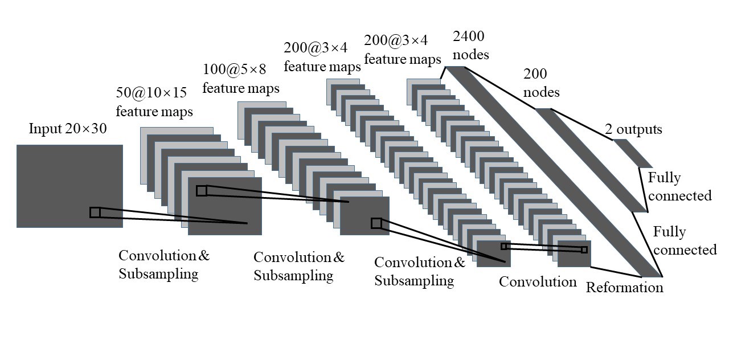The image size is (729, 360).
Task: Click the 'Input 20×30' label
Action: [x=67, y=129]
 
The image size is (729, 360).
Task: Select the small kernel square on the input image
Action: [x=95, y=212]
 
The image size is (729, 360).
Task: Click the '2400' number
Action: [x=468, y=37]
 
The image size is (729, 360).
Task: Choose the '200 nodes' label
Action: [x=540, y=83]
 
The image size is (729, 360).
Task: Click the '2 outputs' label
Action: [x=633, y=130]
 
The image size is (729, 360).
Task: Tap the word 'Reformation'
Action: [x=625, y=287]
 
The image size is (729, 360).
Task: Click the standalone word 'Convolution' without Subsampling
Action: [x=538, y=281]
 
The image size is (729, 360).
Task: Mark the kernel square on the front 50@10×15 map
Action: [x=202, y=191]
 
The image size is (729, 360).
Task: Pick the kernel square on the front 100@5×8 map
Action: [x=376, y=223]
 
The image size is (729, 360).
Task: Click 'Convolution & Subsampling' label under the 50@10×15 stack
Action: [x=164, y=264]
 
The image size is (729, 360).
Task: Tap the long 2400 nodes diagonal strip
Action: [x=552, y=171]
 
